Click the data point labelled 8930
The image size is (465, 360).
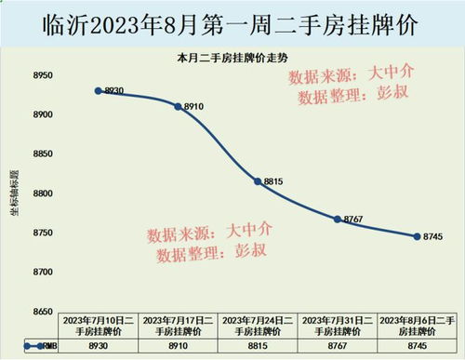coord(98,91)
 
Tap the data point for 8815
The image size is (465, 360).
coord(258,181)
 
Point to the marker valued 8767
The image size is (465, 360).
coord(338,219)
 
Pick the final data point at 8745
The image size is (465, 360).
coord(417,236)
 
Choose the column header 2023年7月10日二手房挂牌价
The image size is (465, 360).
coord(98,326)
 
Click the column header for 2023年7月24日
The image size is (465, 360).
coord(258,326)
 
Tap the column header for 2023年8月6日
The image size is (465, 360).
coord(417,326)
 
